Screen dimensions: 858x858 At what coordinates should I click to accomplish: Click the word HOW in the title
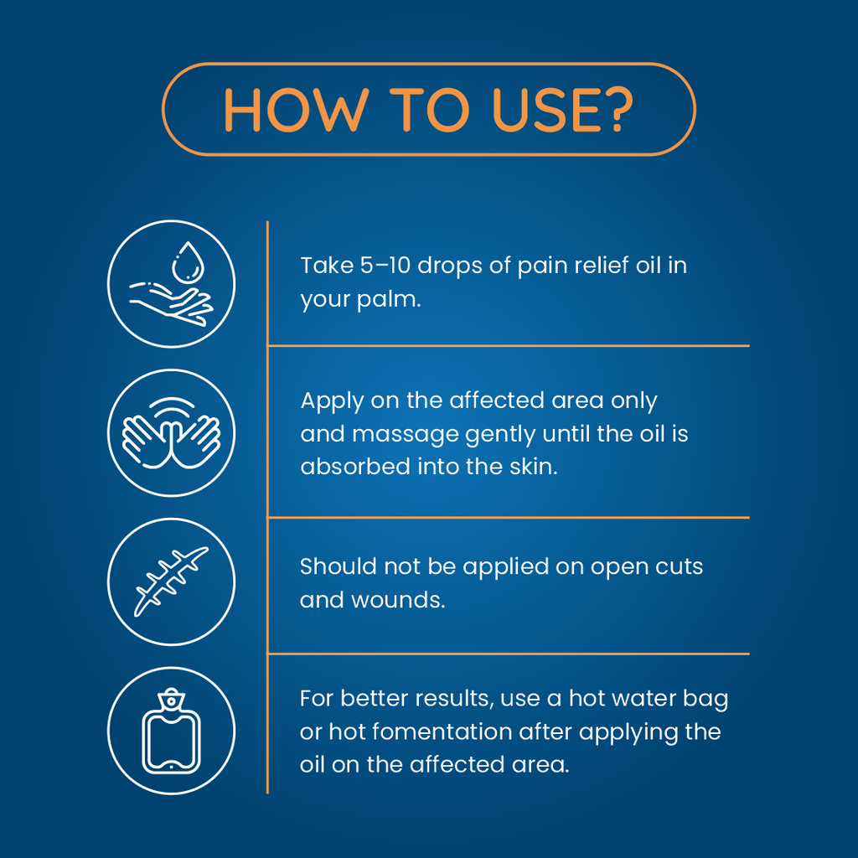coord(295,110)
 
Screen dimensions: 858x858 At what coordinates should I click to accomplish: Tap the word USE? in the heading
coord(563,110)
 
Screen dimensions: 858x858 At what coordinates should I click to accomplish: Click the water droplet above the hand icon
coord(188,262)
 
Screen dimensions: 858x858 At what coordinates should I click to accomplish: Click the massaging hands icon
coord(171,433)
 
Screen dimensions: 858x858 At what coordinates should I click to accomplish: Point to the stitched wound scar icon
coord(171,581)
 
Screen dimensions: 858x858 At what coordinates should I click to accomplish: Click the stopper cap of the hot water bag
coord(171,698)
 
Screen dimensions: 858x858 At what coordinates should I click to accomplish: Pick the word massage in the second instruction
coord(406,435)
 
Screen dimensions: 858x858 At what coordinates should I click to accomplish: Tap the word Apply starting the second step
coord(332,402)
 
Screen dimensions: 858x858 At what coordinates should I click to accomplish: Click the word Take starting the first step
coord(328,266)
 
